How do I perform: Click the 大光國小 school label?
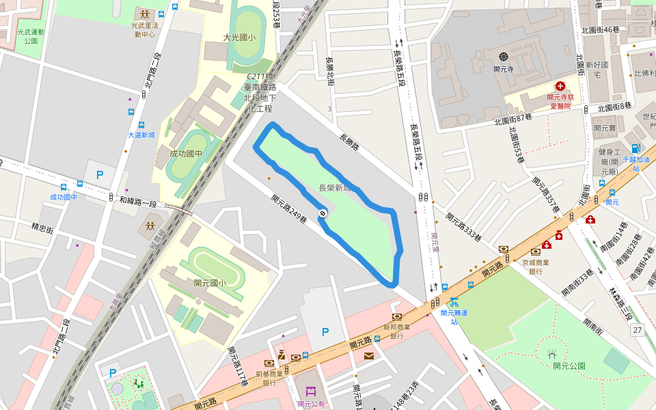tap(239, 38)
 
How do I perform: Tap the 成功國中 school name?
tap(187, 154)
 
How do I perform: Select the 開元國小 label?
tap(210, 283)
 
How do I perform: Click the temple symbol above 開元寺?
tap(504, 57)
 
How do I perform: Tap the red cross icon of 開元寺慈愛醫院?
tap(560, 86)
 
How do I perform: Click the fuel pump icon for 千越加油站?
tap(636, 148)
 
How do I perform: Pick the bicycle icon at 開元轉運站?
tap(454, 301)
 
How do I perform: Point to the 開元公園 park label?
tap(569, 366)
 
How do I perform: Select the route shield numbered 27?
tap(638, 331)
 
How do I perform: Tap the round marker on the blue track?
tap(323, 213)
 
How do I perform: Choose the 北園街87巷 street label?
tap(513, 119)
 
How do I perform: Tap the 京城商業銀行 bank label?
tap(536, 266)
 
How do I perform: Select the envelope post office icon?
tap(369, 355)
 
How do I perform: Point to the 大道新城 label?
tap(141, 135)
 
